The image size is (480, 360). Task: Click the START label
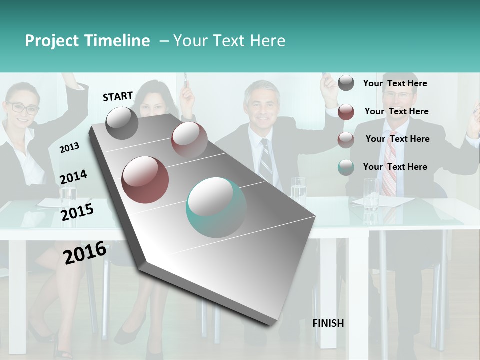118,96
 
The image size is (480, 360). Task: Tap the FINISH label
328,323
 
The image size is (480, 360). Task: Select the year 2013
69,148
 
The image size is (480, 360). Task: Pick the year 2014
73,177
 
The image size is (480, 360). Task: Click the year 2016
85,253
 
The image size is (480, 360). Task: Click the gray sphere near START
122,123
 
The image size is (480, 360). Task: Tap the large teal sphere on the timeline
216,207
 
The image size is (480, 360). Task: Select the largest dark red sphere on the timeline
145,179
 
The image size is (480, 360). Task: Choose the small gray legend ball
346,83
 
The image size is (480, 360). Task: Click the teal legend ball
346,167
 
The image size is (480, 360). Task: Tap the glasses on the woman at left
22,107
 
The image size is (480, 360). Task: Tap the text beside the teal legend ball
395,167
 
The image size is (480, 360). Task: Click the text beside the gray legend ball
395,83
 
